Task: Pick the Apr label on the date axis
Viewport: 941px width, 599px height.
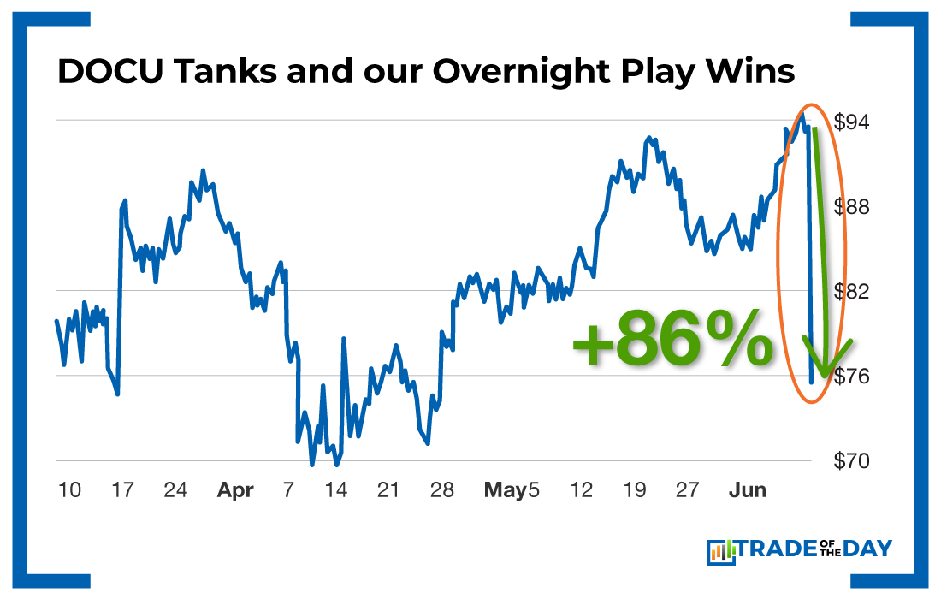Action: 235,491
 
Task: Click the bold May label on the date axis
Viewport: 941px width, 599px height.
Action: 505,491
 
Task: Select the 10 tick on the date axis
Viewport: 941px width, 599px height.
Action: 70,491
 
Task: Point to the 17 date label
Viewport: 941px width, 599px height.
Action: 123,491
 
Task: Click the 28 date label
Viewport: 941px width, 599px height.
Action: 441,491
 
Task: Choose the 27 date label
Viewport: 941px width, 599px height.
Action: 687,491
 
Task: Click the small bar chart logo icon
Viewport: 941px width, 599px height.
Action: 722,552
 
